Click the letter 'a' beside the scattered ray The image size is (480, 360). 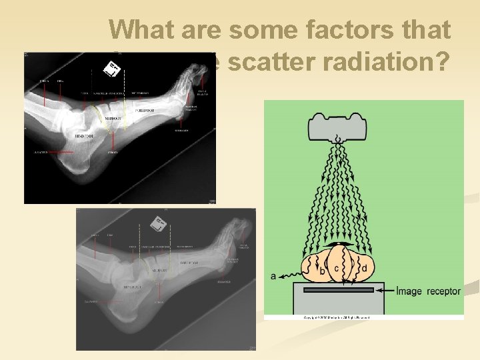point(274,276)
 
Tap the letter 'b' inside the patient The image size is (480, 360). point(323,271)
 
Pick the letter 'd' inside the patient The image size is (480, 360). point(364,269)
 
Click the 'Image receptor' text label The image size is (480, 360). point(428,291)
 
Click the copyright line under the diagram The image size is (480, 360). point(336,317)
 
